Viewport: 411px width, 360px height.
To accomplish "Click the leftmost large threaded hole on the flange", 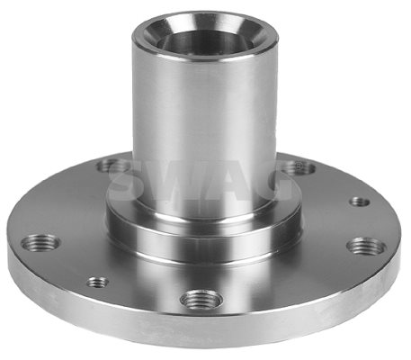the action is click(x=40, y=242).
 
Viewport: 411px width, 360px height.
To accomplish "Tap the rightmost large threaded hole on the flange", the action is click(x=366, y=247).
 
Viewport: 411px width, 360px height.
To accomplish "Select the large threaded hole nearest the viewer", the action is click(x=201, y=299).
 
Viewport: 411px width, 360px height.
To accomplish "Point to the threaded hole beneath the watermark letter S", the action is click(x=112, y=166).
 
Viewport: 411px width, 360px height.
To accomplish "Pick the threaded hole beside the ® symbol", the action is click(x=299, y=167).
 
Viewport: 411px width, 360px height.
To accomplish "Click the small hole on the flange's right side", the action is click(x=360, y=202).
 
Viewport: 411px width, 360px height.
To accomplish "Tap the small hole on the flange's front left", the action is click(x=98, y=282).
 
